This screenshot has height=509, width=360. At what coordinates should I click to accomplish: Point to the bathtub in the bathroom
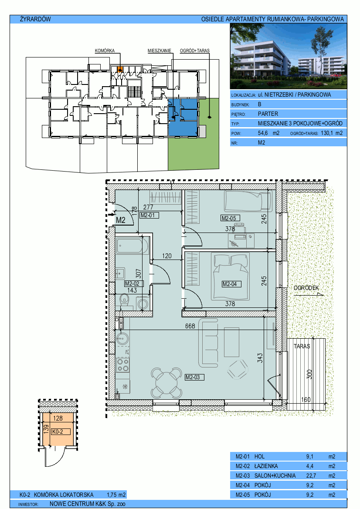(x=132, y=246)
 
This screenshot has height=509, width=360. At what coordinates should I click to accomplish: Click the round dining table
(x=166, y=383)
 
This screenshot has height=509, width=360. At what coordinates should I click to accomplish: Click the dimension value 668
(x=190, y=326)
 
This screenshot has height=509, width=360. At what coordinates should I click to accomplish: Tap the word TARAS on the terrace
(x=302, y=346)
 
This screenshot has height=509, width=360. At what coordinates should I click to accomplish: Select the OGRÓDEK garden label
(x=306, y=288)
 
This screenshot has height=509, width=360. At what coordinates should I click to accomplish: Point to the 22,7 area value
(x=311, y=475)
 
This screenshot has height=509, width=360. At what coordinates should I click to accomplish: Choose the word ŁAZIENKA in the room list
(x=266, y=466)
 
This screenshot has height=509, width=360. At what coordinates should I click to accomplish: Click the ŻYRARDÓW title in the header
(x=35, y=19)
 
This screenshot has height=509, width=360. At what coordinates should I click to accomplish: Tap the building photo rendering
(x=289, y=57)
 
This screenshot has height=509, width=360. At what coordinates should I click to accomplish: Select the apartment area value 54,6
(x=263, y=133)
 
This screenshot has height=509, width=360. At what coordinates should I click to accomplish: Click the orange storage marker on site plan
(x=120, y=69)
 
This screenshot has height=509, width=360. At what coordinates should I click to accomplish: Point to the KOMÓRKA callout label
(x=105, y=51)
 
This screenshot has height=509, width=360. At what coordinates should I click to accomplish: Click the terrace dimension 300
(x=309, y=374)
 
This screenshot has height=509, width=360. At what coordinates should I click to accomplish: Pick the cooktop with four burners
(x=123, y=365)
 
